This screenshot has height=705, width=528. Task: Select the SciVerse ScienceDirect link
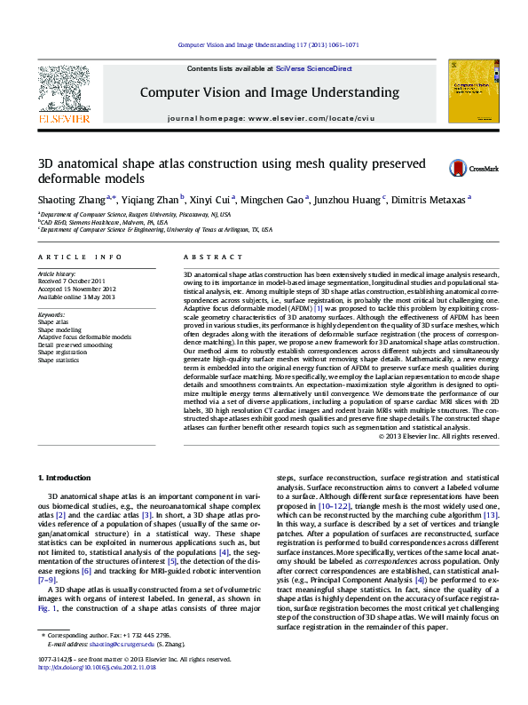point(313,68)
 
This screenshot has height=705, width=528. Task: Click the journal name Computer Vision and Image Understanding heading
point(269,92)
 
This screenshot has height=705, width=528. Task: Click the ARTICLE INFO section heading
point(80,257)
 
